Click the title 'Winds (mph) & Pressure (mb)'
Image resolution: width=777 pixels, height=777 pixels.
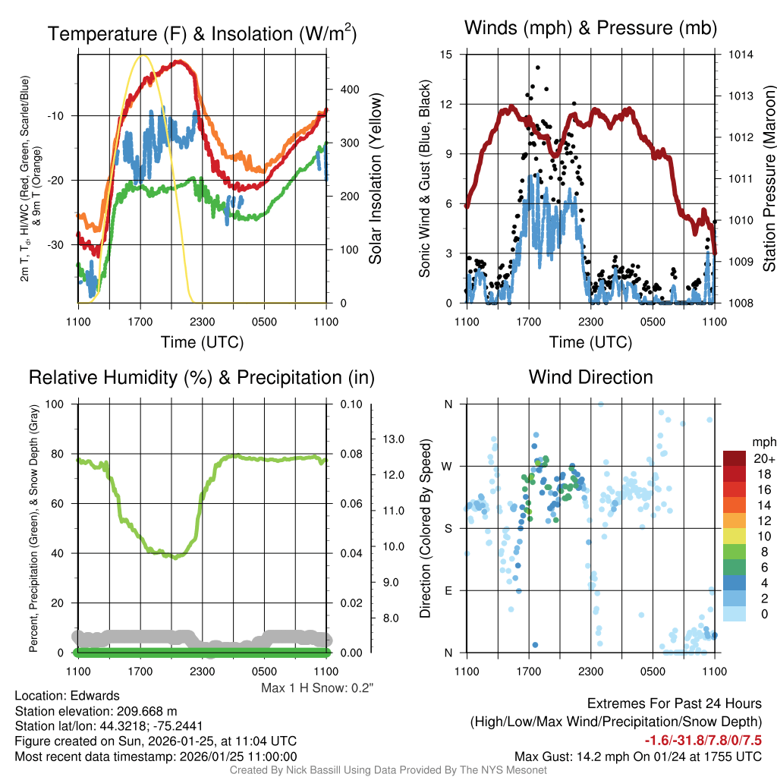(x=590, y=28)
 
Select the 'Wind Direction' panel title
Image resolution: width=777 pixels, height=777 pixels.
(x=590, y=377)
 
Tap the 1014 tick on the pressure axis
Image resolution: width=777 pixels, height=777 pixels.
(x=741, y=55)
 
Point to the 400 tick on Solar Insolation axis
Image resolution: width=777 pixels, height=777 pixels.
(x=349, y=90)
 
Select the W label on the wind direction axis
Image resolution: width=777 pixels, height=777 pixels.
(x=448, y=466)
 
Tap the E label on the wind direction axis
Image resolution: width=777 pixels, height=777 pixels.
(x=448, y=590)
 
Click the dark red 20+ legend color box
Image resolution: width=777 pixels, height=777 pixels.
(x=735, y=458)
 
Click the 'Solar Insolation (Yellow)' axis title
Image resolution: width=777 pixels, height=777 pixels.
(x=375, y=179)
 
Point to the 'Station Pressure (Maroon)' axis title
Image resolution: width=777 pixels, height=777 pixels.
(x=768, y=179)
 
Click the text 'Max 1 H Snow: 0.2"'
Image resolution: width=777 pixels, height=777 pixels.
(x=317, y=688)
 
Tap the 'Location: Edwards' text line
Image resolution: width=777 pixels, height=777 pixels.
(x=67, y=696)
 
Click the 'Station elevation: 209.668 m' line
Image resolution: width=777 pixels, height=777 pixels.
(x=96, y=711)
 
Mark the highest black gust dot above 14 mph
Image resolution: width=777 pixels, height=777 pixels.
(x=538, y=68)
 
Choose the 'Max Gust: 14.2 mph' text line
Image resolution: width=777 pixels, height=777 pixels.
(x=637, y=756)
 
